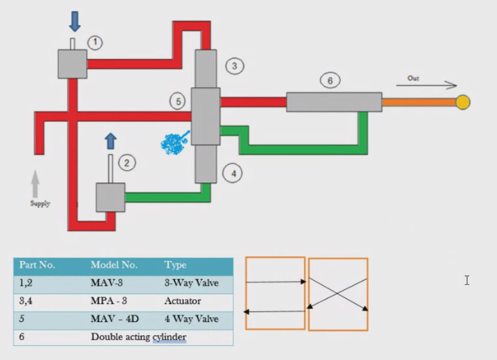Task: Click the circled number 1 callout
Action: [95, 43]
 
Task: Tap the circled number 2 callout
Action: [127, 163]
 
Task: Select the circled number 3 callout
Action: [235, 66]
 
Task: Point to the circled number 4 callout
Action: [233, 174]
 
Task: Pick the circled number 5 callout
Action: [178, 101]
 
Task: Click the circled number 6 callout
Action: [330, 81]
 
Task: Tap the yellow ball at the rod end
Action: [463, 102]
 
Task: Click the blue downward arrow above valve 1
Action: [75, 22]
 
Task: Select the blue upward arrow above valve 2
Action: [111, 141]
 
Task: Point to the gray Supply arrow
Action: [35, 184]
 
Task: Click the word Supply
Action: [40, 204]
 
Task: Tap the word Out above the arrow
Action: [413, 78]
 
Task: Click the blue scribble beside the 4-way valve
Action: [174, 143]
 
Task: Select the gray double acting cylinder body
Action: [334, 102]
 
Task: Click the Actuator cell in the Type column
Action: [183, 301]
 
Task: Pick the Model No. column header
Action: [114, 265]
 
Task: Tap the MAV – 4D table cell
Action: [115, 318]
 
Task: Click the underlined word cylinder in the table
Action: [169, 337]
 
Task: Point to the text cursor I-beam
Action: [467, 280]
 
